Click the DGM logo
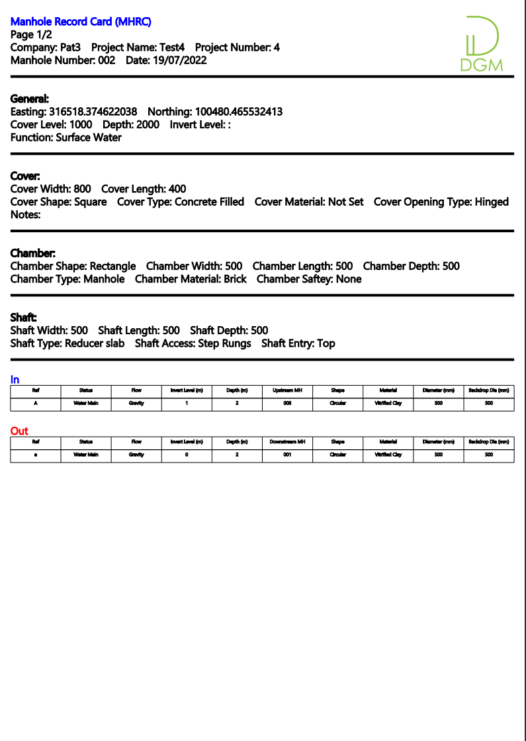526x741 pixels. tap(481, 44)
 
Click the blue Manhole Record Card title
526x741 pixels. tap(81, 22)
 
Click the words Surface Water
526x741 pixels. tap(89, 138)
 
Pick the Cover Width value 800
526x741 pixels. tap(82, 189)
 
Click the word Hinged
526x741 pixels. tap(492, 202)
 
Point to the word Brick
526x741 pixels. tap(235, 279)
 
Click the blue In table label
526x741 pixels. tap(15, 380)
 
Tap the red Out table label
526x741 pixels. tap(19, 431)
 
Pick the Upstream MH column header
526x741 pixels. tap(287, 390)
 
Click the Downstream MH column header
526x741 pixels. tap(287, 442)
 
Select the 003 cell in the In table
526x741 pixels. tap(287, 403)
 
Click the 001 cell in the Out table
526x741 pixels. tap(287, 455)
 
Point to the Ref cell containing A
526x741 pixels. tap(36, 403)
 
